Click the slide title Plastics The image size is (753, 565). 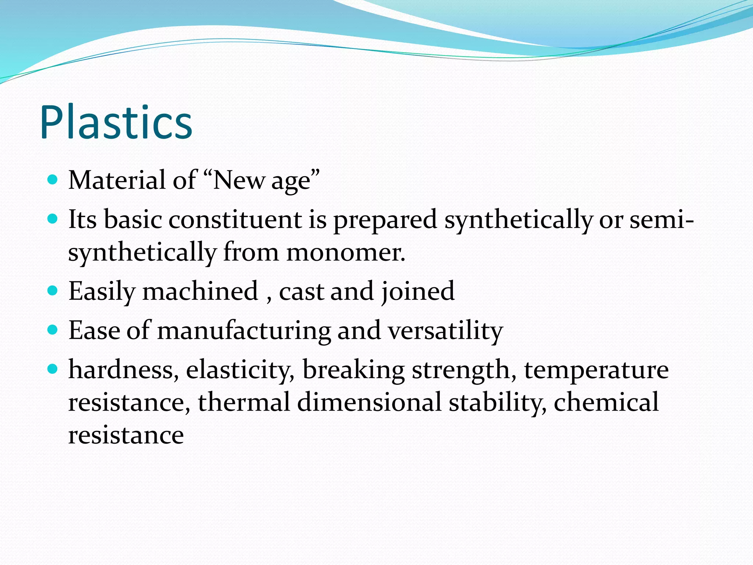pyautogui.click(x=116, y=122)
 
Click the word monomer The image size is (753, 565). pyautogui.click(x=346, y=253)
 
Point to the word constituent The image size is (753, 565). pyautogui.click(x=235, y=220)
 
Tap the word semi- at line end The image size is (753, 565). pyautogui.click(x=662, y=220)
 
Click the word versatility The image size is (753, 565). pyautogui.click(x=446, y=331)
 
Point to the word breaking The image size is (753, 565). pyautogui.click(x=353, y=370)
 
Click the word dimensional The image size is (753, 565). pyautogui.click(x=369, y=402)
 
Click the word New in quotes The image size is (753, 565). pyautogui.click(x=238, y=180)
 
